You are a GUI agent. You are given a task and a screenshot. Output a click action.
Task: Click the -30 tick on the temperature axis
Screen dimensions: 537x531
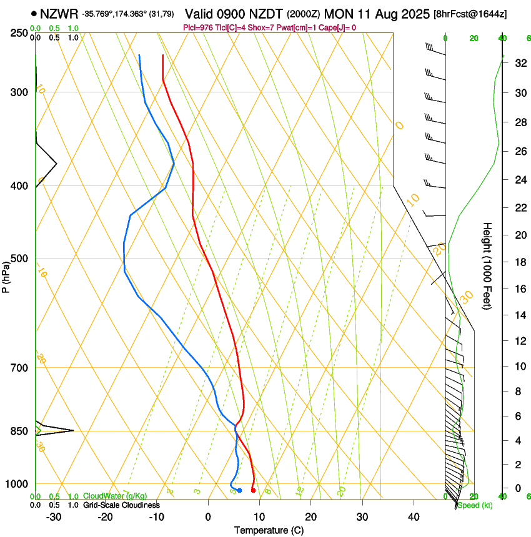tap(54, 517)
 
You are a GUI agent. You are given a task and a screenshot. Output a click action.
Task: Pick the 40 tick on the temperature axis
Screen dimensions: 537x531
tap(413, 517)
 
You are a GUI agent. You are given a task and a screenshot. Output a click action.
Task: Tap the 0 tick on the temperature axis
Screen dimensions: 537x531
tap(208, 517)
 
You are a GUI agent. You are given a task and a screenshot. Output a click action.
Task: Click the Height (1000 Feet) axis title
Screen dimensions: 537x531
tap(487, 265)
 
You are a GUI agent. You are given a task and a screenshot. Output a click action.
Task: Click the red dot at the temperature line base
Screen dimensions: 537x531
tap(253, 491)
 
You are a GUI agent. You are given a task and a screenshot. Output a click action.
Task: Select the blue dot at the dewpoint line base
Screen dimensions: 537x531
tap(239, 490)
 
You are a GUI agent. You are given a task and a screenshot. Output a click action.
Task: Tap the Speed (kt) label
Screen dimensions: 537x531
tap(474, 505)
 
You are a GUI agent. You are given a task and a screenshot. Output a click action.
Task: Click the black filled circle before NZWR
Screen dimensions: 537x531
tap(34, 12)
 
